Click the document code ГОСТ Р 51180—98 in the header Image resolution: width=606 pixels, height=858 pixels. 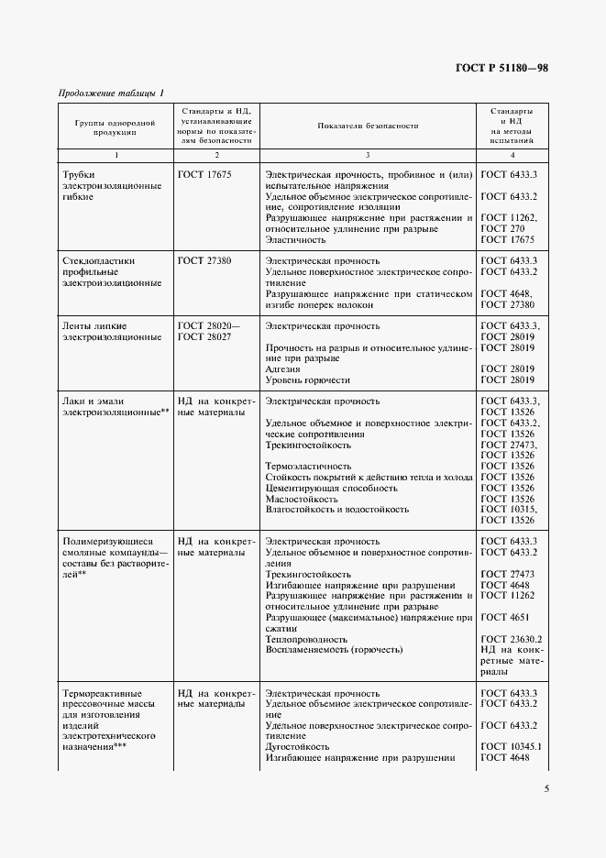click(501, 70)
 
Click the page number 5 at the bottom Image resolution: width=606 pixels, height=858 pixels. click(546, 788)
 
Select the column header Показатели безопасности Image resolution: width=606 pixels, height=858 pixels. click(368, 126)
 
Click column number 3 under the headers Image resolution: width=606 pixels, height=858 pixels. click(368, 155)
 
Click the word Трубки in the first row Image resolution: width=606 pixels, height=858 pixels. click(78, 174)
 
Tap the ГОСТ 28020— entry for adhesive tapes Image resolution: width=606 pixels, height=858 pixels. click(209, 326)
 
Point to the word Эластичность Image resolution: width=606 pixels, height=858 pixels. click(296, 239)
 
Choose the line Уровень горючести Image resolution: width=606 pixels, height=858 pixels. click(308, 379)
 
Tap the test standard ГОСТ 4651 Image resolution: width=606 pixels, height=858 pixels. click(503, 618)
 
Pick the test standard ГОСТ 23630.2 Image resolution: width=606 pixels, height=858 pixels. click(512, 639)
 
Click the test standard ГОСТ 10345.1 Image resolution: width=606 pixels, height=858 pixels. click(512, 746)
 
